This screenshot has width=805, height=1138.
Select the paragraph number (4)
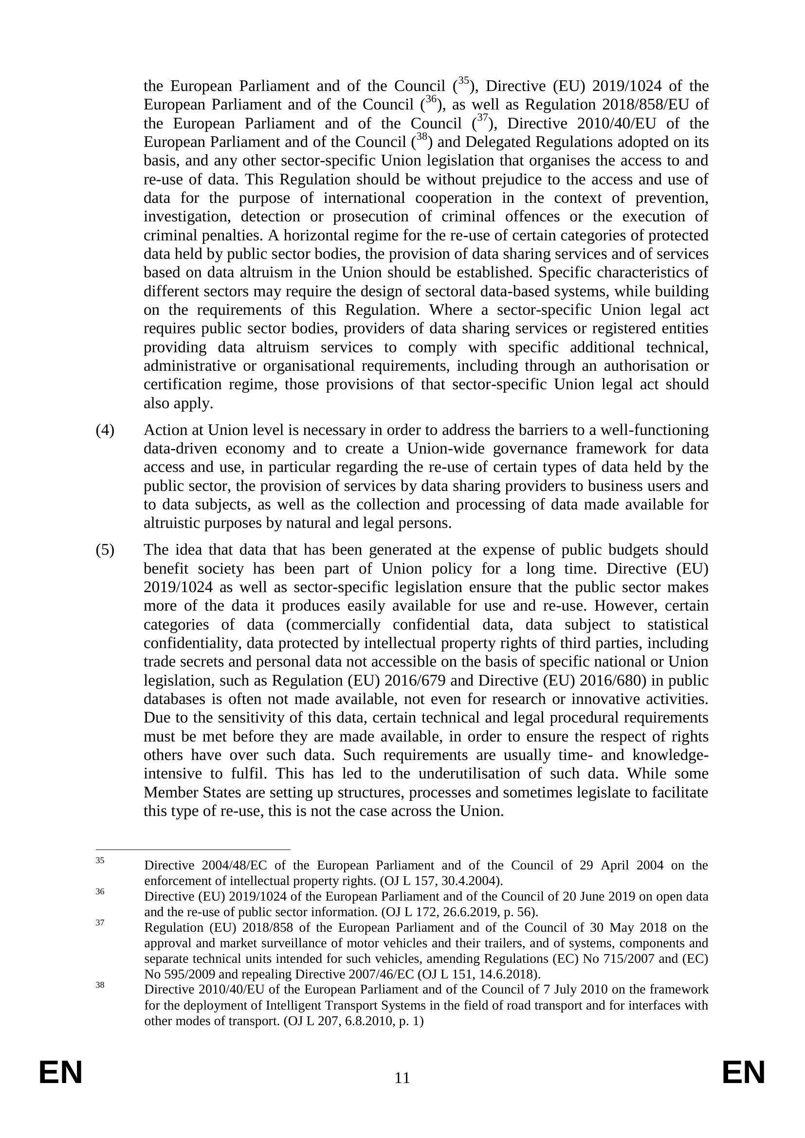click(x=105, y=430)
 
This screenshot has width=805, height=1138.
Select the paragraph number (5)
click(x=105, y=550)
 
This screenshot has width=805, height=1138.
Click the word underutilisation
click(x=471, y=774)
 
